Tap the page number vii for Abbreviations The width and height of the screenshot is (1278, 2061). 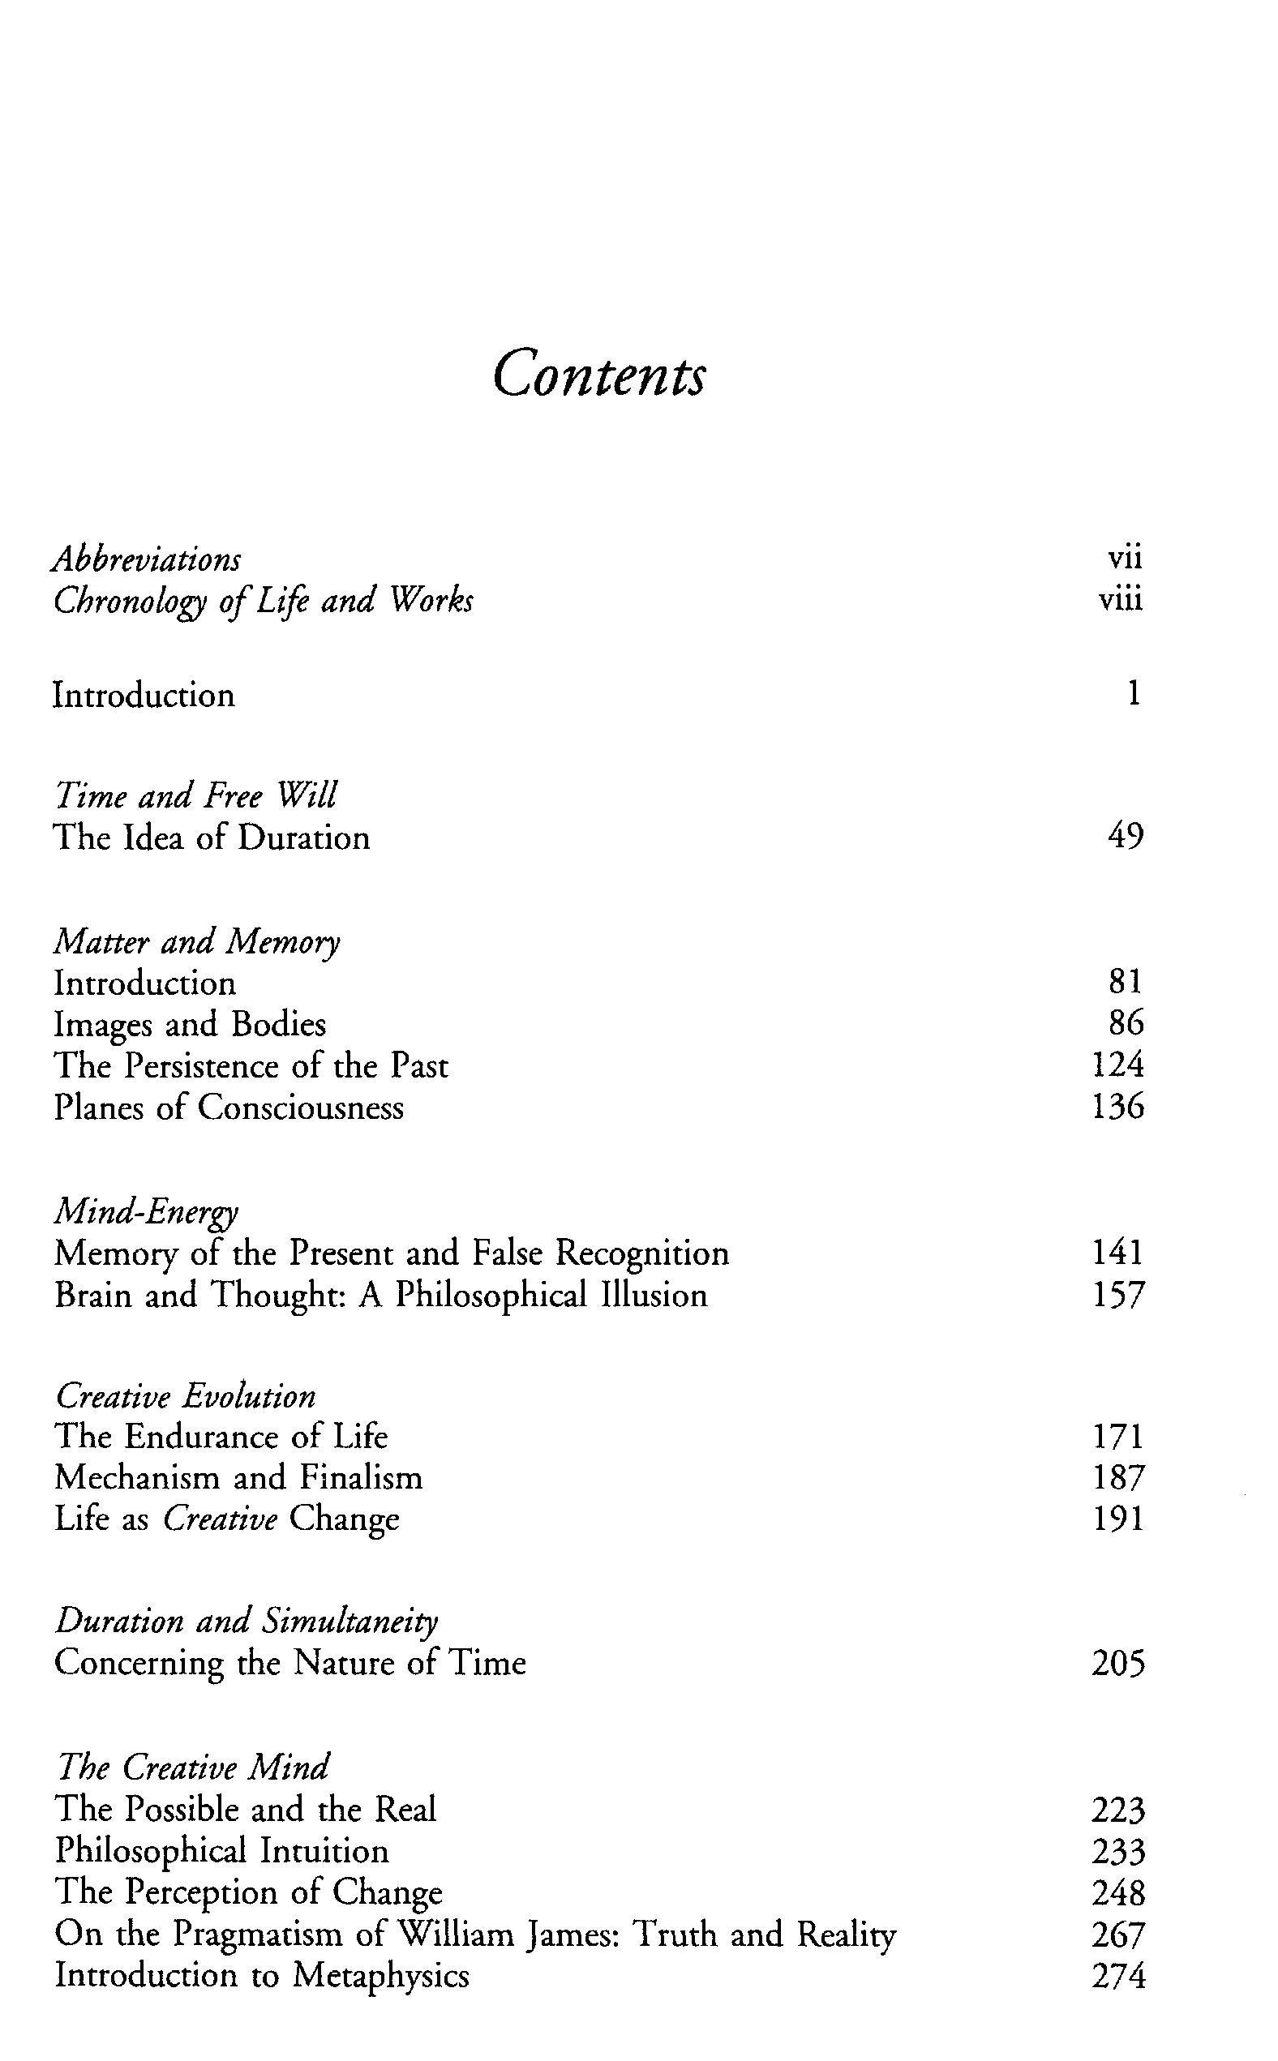pos(1124,558)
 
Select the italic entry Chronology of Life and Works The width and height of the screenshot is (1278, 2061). pos(263,601)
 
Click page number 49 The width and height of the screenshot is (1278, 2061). pos(1125,836)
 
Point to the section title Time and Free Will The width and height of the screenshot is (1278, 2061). pos(195,795)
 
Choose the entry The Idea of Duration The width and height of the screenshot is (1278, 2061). pos(212,838)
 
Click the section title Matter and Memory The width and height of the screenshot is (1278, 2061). pos(197,941)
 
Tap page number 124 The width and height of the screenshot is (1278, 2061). pos(1117,1065)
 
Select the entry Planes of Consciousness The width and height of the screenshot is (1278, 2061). pos(229,1107)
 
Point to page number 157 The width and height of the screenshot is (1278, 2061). pos(1117,1295)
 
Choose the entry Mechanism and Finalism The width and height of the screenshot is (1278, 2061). pos(238,1477)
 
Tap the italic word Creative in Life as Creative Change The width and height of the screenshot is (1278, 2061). pos(220,1519)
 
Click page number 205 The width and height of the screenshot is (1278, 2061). pos(1117,1663)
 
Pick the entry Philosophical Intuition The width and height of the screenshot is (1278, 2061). pos(221,1849)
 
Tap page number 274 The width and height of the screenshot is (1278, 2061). pos(1117,1976)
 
